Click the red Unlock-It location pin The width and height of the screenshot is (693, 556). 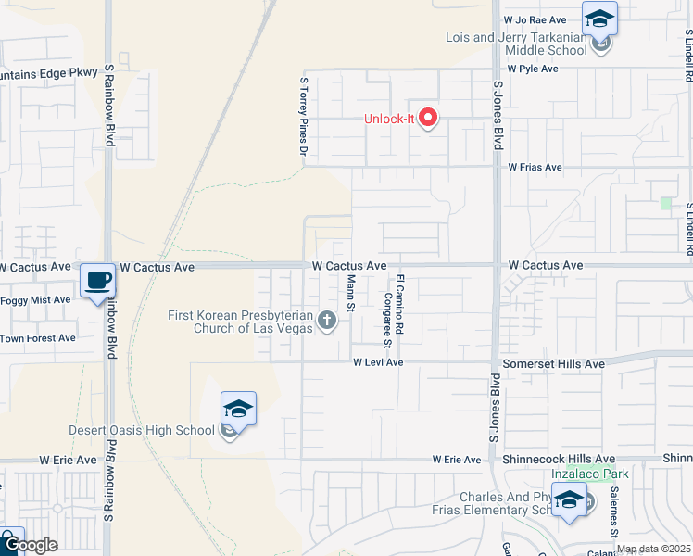point(428,118)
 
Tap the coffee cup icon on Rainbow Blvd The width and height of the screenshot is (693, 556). point(97,280)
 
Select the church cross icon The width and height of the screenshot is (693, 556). point(326,322)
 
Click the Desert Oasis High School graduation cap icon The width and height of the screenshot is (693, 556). point(238,408)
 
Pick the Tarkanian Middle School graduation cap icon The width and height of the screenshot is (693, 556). point(599,19)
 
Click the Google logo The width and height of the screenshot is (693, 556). point(30,545)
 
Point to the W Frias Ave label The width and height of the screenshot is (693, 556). point(535,168)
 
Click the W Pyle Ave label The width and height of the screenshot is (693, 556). point(532,69)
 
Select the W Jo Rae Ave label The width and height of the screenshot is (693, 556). point(535,19)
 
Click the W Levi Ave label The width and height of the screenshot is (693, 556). point(378,362)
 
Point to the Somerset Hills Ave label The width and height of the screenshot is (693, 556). point(553,364)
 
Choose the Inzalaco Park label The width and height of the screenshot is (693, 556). point(590,474)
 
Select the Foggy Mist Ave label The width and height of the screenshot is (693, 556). point(35,299)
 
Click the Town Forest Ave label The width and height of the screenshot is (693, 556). point(37,338)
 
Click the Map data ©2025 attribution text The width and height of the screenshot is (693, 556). point(652,549)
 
